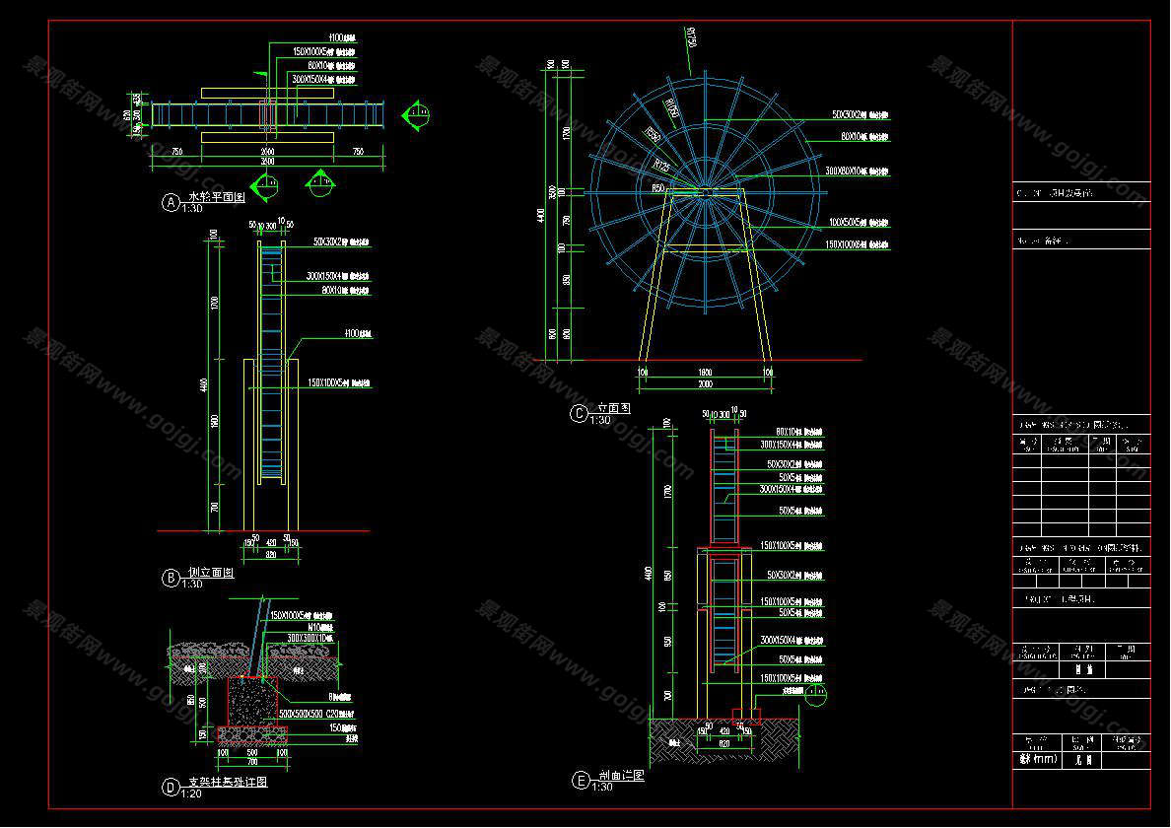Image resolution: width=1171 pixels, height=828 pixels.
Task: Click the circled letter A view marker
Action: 171,203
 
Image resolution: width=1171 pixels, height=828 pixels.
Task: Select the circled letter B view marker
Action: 171,578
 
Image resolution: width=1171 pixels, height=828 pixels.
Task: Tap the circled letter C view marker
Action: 580,413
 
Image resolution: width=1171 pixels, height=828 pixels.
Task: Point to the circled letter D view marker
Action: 171,787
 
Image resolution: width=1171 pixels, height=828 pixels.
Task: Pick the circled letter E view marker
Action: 580,781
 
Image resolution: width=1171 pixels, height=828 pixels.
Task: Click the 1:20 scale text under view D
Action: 190,794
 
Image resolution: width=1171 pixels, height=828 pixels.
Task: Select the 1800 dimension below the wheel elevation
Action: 704,372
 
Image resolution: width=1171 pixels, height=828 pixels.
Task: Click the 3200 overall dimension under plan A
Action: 267,161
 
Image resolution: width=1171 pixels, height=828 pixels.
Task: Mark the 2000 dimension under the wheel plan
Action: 267,152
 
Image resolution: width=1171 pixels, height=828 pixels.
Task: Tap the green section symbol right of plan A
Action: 418,114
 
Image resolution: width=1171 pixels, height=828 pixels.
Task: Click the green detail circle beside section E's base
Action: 815,698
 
